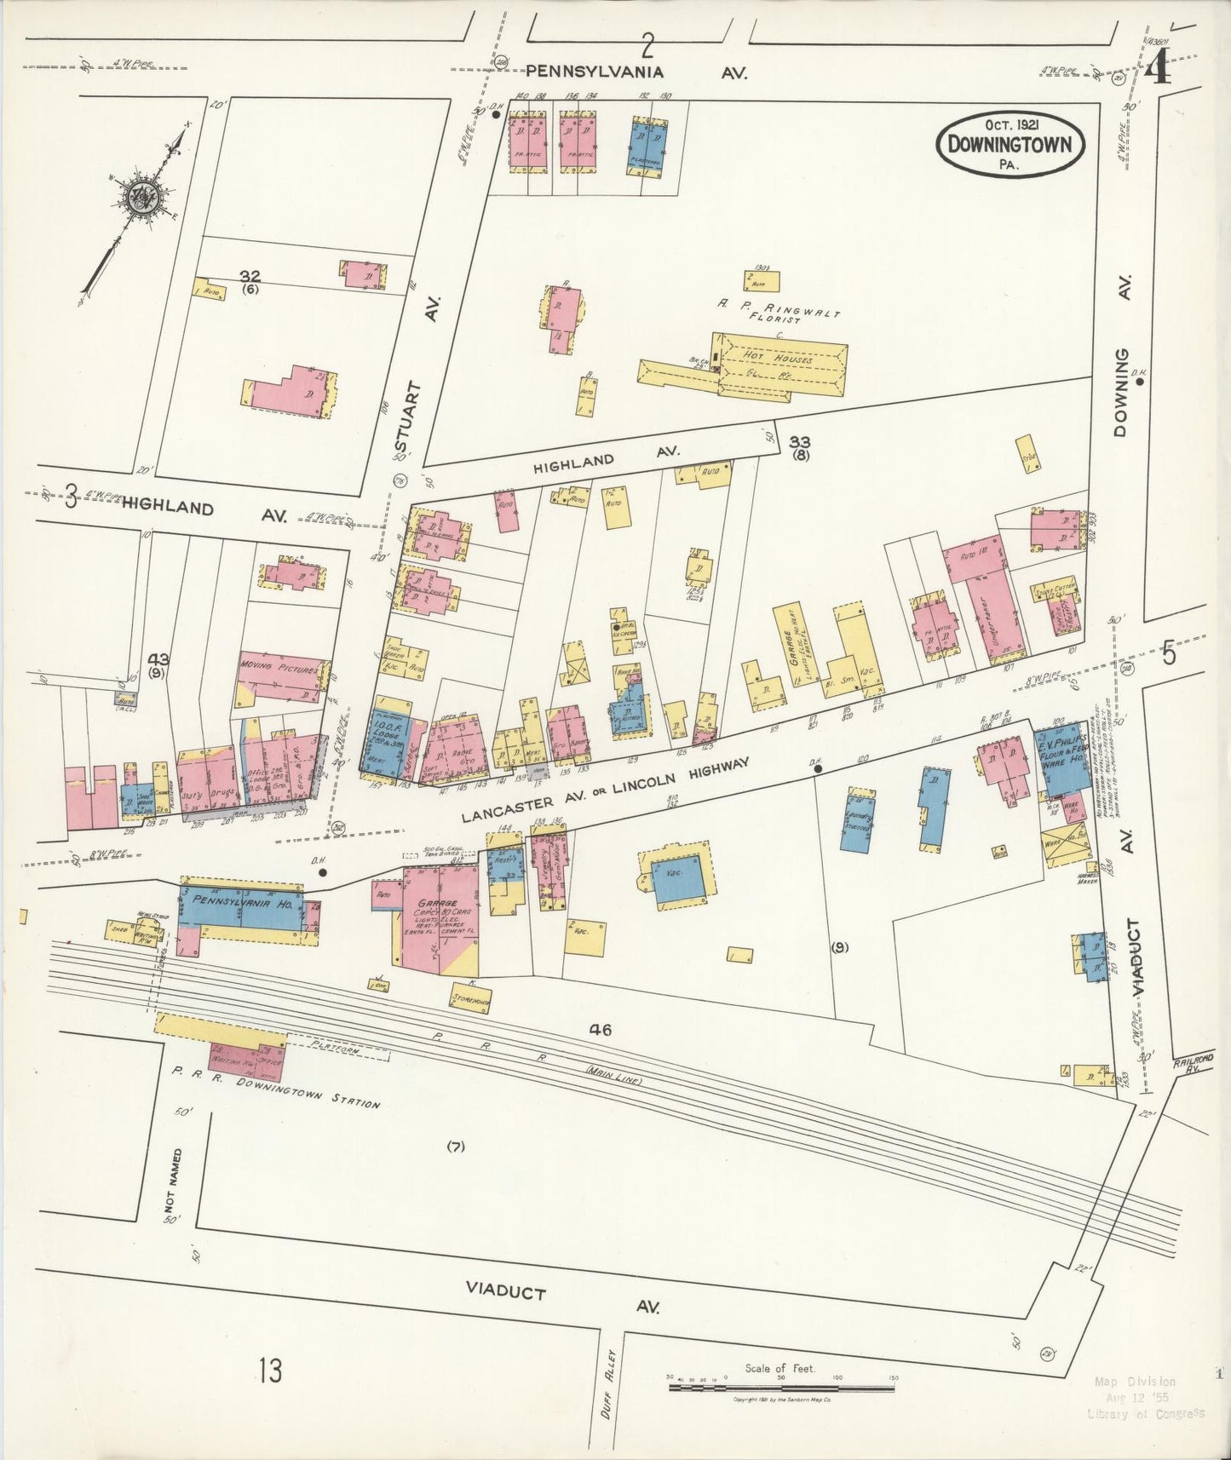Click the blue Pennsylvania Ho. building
(239, 908)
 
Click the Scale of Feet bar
(781, 1387)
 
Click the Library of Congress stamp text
(1146, 1413)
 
